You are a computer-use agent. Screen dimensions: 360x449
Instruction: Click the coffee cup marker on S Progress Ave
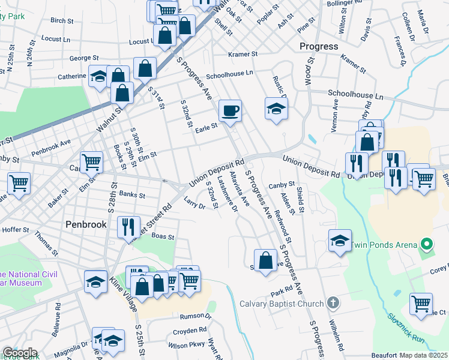[x=230, y=111]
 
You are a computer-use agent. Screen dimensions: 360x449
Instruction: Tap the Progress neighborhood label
[x=319, y=46]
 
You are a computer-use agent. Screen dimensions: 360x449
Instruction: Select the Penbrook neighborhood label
[x=86, y=224]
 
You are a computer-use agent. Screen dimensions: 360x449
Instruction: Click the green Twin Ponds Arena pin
[x=427, y=244]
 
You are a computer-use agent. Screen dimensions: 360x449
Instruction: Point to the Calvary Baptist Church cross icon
[x=334, y=303]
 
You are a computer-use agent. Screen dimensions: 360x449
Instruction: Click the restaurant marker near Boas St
[x=128, y=227]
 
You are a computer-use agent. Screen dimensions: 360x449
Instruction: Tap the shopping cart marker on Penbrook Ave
[x=91, y=161]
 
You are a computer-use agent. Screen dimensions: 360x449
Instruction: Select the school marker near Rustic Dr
[x=276, y=109]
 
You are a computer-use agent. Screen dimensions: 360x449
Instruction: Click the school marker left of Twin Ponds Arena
[x=340, y=241]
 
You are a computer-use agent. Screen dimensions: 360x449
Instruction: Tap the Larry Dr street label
[x=194, y=202]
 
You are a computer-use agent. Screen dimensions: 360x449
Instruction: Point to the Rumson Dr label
[x=199, y=316]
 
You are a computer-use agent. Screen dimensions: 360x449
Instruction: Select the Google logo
[x=19, y=353]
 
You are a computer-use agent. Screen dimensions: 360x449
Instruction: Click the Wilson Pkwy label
[x=187, y=346]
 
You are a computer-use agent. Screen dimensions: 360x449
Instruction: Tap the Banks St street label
[x=132, y=194]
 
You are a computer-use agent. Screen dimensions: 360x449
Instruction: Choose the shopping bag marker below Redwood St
[x=265, y=261]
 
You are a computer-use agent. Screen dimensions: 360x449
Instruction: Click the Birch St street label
[x=62, y=20]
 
